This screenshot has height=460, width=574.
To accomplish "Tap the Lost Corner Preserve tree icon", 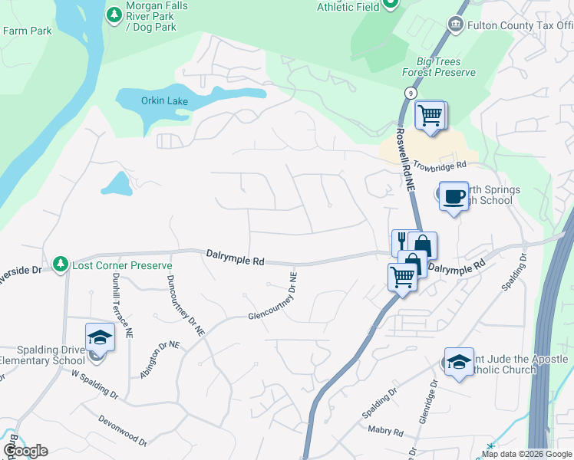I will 60,264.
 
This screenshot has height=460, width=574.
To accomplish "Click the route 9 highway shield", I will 412,92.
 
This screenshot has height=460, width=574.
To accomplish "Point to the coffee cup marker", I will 454,196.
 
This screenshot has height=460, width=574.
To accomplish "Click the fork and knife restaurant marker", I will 401,242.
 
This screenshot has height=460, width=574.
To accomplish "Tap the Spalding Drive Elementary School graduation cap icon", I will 100,337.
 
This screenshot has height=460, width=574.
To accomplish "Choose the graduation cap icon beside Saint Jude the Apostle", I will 459,361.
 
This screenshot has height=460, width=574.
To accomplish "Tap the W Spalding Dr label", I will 94,384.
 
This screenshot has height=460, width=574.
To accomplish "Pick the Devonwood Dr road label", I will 123,429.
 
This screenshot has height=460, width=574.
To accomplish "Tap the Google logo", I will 25,451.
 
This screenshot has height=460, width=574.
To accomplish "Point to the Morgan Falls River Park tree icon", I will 114,14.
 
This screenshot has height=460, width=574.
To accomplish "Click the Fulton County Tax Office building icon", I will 455,25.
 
